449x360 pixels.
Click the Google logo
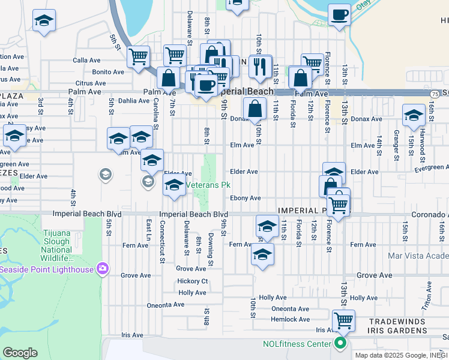pos(20,353)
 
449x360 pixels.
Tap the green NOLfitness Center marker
pos(340,344)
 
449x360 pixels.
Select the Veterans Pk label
pos(208,185)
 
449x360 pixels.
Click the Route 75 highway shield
pos(433,94)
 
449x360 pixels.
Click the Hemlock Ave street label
pos(291,319)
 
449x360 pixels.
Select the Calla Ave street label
pos(86,61)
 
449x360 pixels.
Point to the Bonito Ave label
pos(108,72)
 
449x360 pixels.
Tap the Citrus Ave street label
pos(91,83)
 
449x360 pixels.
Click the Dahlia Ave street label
pos(133,101)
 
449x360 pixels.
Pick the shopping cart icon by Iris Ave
pos(343,321)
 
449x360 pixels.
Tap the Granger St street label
pos(397,140)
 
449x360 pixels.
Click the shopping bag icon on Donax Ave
pos(255,109)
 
